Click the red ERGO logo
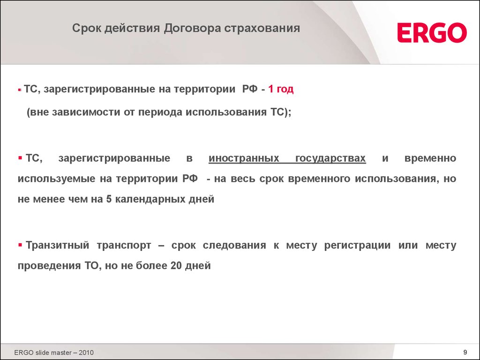[432, 32]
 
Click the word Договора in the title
[192, 28]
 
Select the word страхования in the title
[262, 28]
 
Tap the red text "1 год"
[281, 89]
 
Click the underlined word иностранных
[244, 158]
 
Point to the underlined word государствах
[330, 158]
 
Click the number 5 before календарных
[109, 199]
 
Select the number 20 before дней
[176, 265]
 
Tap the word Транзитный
[58, 245]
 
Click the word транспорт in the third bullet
[124, 246]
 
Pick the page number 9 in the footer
[465, 352]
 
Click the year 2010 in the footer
[86, 352]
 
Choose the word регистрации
[357, 246]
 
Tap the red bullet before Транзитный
[20, 245]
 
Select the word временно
[430, 158]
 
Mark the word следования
[234, 245]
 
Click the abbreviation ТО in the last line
[91, 265]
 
